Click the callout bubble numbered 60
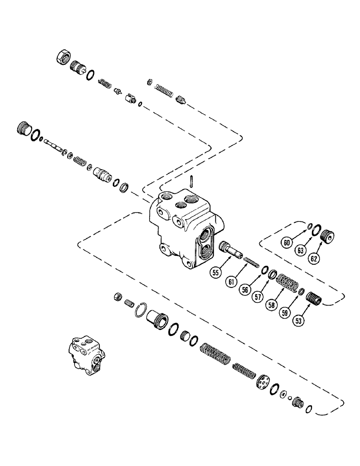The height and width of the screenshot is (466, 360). pyautogui.click(x=288, y=243)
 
